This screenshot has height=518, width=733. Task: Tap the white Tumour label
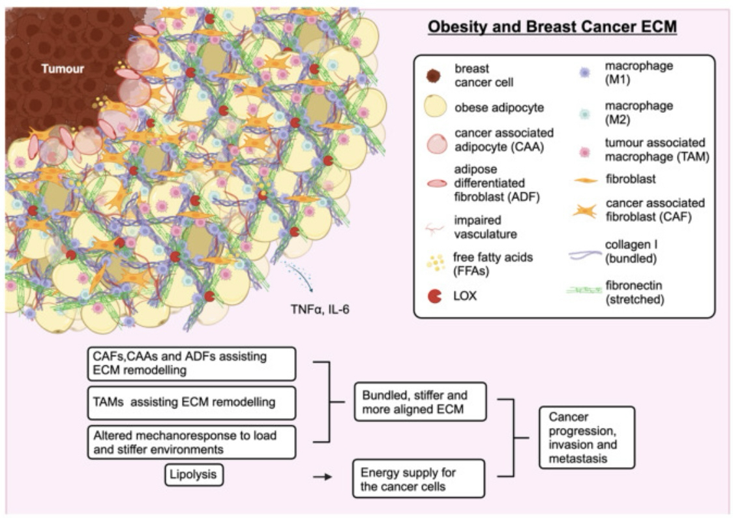[63, 67]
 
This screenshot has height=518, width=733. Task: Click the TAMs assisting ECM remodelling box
[192, 403]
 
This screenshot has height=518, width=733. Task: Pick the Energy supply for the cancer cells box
[419, 478]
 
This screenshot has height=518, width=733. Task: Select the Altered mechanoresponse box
[192, 441]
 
